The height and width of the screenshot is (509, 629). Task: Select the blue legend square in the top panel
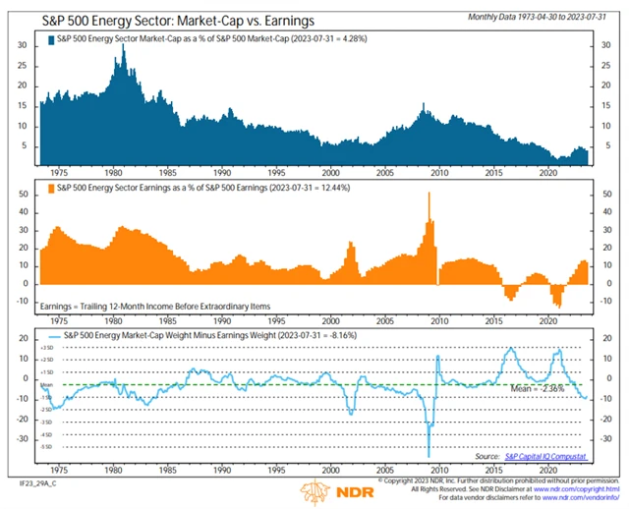click(50, 37)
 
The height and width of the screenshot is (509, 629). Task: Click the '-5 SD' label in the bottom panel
click(46, 446)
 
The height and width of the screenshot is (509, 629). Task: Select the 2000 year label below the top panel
click(335, 170)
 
